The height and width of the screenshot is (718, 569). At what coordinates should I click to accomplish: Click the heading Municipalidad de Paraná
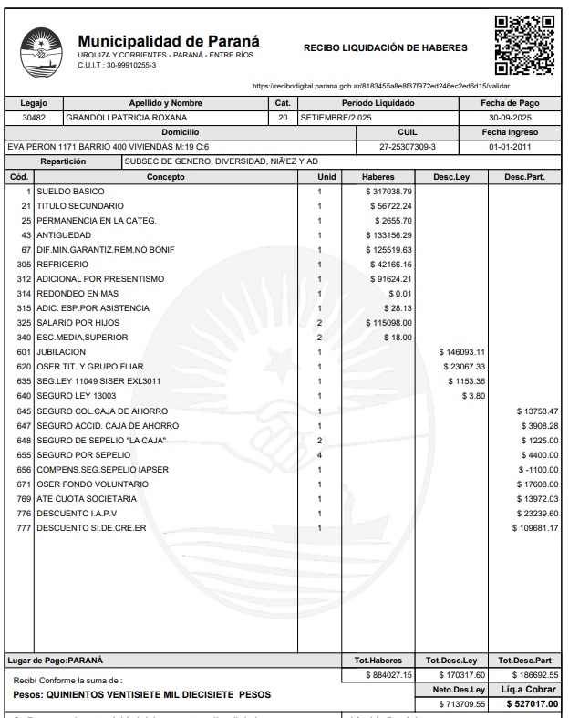pyautogui.click(x=169, y=41)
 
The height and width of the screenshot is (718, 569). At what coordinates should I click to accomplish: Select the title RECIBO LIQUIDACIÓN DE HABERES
pyautogui.click(x=385, y=47)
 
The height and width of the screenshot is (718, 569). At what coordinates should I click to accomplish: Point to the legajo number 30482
pyautogui.click(x=34, y=118)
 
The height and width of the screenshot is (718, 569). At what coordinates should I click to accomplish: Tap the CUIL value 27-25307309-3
pyautogui.click(x=408, y=147)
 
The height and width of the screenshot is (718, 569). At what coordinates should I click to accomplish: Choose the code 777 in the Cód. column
pyautogui.click(x=24, y=527)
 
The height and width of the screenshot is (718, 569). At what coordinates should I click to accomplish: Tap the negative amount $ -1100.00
pyautogui.click(x=537, y=469)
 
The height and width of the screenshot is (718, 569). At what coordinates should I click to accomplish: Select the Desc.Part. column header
pyautogui.click(x=524, y=176)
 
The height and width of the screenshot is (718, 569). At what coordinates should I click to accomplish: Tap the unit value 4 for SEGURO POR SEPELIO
pyautogui.click(x=319, y=454)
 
